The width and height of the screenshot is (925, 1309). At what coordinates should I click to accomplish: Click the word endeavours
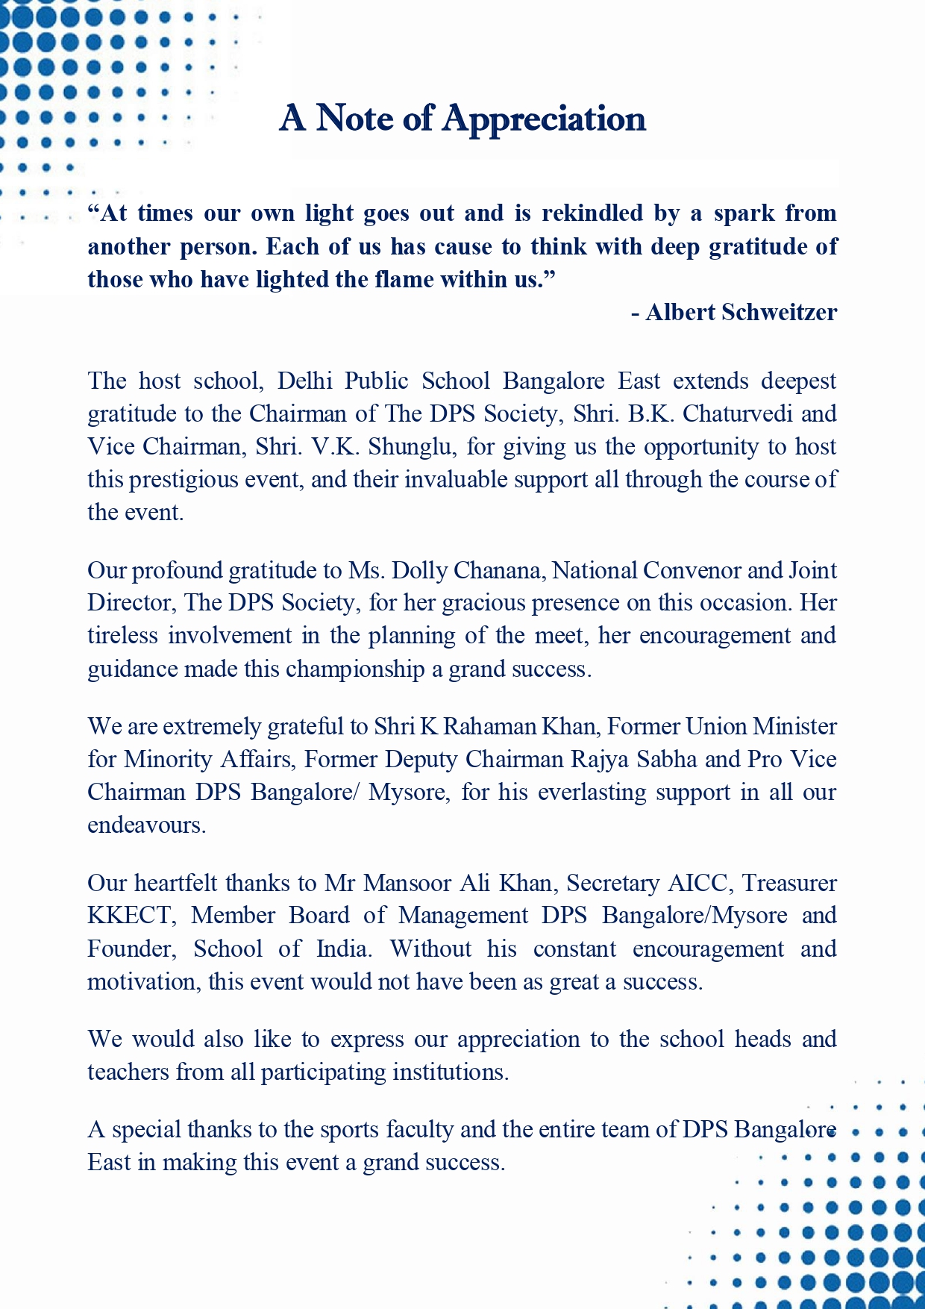click(x=145, y=825)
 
